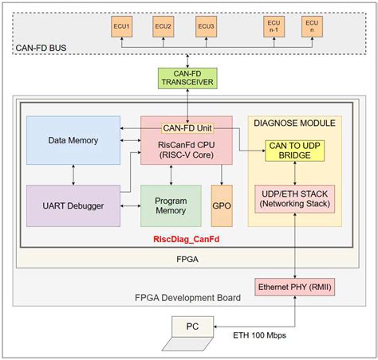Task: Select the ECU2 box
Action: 163,27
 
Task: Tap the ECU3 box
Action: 205,27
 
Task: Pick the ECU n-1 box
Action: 273,27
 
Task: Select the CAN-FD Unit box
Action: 187,127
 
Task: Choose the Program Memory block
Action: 170,205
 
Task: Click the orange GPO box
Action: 222,205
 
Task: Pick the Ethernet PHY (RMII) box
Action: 295,288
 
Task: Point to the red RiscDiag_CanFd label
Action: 188,239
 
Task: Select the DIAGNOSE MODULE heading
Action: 295,122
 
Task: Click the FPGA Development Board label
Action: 187,298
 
